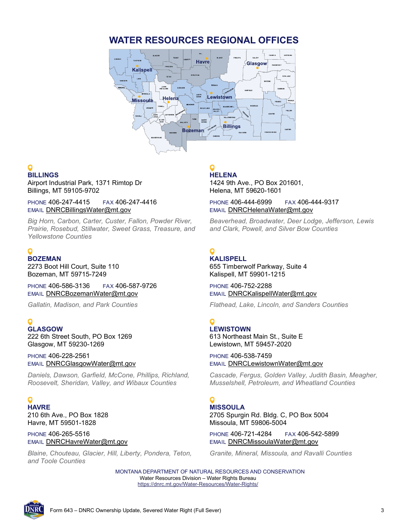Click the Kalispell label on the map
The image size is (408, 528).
click(x=142, y=70)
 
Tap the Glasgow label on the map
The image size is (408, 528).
click(x=256, y=64)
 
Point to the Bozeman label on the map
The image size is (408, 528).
click(x=193, y=130)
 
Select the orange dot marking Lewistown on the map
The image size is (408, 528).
click(x=211, y=93)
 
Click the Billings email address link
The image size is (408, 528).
click(x=88, y=210)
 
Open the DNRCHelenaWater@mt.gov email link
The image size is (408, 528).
click(x=270, y=210)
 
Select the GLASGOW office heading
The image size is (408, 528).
click(x=45, y=329)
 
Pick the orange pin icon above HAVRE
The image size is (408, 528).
click(x=30, y=400)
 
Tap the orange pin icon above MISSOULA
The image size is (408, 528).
click(x=212, y=400)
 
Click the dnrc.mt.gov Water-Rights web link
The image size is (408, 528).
click(x=198, y=484)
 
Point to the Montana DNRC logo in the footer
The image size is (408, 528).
click(x=34, y=510)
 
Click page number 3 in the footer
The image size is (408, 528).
click(x=382, y=510)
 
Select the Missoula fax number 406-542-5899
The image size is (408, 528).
click(x=318, y=434)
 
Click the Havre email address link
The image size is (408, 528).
click(x=86, y=442)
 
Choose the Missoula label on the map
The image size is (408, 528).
click(x=142, y=100)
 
